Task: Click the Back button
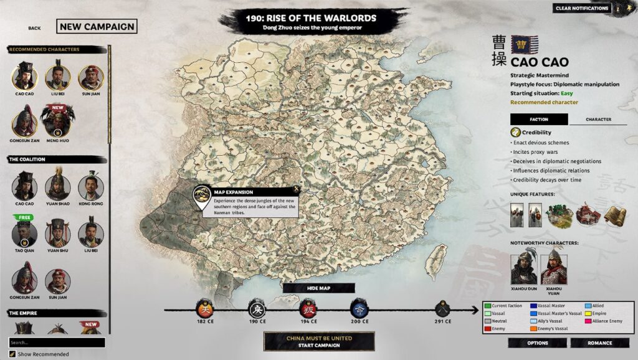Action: [x=34, y=28]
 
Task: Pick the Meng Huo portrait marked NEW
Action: [x=57, y=120]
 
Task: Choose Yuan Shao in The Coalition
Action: [x=57, y=186]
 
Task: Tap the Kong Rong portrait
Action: [x=90, y=186]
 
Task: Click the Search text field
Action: [x=57, y=343]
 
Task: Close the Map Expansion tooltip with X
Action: [x=297, y=189]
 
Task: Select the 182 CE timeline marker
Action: [x=206, y=308]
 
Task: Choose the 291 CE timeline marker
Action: [x=444, y=308]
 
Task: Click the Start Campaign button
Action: [x=319, y=341]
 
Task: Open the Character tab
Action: [x=598, y=120]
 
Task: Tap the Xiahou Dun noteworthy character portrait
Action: [x=524, y=268]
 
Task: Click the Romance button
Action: [x=599, y=343]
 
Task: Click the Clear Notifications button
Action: [x=582, y=8]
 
